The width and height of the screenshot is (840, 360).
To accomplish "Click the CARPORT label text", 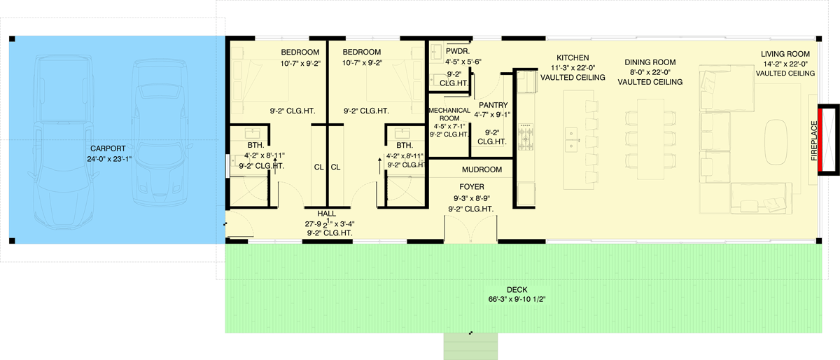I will point(108,148).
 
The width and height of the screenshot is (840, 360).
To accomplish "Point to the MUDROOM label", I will point(482,169).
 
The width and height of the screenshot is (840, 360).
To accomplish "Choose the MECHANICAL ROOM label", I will point(449,114).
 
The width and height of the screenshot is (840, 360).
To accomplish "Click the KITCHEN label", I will point(573,57).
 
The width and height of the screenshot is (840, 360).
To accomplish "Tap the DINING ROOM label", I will point(650,62).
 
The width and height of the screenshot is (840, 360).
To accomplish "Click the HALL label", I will point(327,213).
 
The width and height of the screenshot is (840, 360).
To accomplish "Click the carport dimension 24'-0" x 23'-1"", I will point(108,158).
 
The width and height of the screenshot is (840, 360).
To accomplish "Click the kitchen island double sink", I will point(573,139).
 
